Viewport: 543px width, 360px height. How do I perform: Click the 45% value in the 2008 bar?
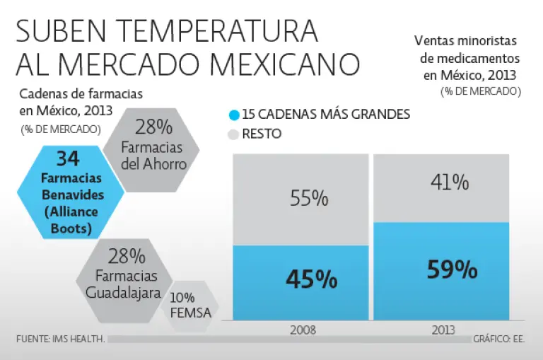click(311, 279)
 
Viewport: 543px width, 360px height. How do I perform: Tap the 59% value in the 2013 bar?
click(452, 269)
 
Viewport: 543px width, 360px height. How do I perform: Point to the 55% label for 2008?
click(309, 198)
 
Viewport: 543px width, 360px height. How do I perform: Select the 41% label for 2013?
click(450, 182)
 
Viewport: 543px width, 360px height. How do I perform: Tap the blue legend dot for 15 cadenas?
click(233, 115)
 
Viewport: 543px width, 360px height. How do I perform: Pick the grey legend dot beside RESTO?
click(233, 134)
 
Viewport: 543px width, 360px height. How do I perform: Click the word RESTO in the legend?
click(262, 134)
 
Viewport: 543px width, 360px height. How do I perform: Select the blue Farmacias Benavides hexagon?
click(67, 192)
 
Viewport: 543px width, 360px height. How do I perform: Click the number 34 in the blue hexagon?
click(67, 160)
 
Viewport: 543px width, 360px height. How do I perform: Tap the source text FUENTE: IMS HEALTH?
click(61, 339)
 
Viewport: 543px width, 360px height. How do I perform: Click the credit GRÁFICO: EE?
click(499, 339)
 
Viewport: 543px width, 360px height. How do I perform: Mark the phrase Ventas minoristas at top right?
click(465, 42)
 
